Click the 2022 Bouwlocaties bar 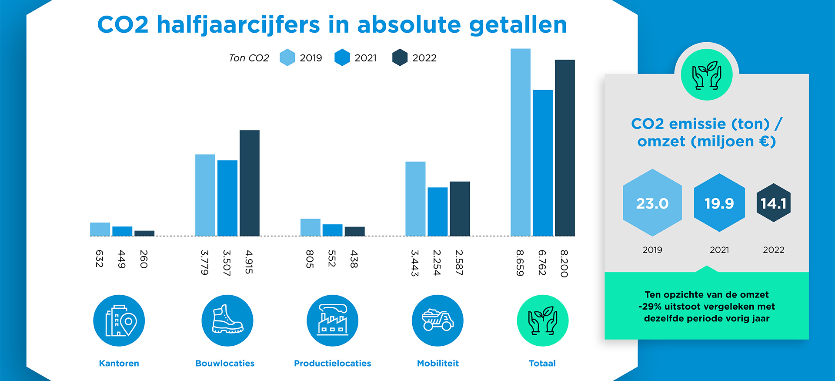pos(250,183)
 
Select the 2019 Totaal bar pos(521,142)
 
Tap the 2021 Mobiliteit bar pos(438,212)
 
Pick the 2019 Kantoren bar pos(100,229)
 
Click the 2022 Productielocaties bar pos(354,231)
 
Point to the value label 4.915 pos(249,262)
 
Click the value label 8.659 pos(520,263)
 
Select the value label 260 pos(144,259)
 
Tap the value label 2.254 pos(437,263)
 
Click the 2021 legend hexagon pos(342,57)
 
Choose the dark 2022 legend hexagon pos(400,57)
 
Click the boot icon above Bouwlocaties pos(227,320)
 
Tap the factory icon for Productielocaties pos(332,320)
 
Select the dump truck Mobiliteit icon pos(438,320)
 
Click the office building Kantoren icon pos(119,320)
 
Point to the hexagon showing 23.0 pos(652,203)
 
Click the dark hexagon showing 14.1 pos(773,203)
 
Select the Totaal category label pos(542,363)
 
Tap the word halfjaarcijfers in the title pos(238,25)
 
